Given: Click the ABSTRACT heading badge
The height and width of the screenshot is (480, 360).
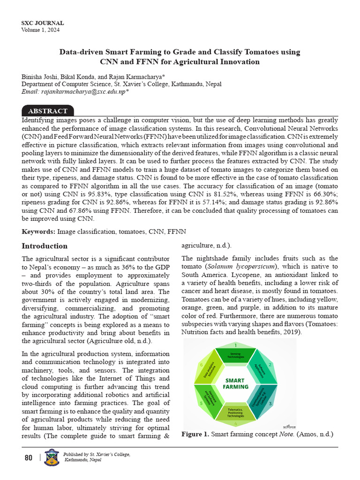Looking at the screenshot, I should (48, 111).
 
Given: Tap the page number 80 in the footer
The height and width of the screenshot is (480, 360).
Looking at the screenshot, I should (29, 457).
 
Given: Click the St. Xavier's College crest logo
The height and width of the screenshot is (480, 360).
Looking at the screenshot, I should (51, 457).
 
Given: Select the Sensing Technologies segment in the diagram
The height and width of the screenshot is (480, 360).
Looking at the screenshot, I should (235, 355).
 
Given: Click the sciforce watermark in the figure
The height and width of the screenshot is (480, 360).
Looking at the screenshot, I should (289, 426).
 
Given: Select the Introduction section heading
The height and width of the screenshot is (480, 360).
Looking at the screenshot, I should (45, 246).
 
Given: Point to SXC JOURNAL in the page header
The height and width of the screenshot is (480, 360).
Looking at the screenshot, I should (43, 23).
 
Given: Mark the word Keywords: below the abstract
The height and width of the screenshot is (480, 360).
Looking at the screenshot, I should (39, 232).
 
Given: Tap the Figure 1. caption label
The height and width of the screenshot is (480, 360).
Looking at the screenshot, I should (195, 435).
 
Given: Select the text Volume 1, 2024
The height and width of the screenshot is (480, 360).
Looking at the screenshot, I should (41, 30).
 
